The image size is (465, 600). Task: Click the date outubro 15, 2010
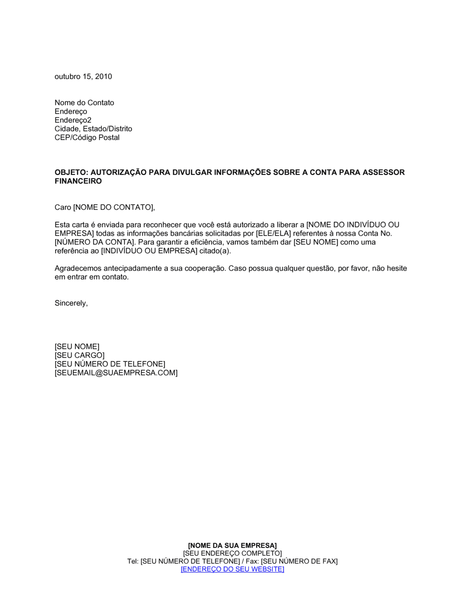tap(83, 77)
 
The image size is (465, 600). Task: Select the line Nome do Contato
tap(84, 103)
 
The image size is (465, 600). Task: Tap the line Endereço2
tap(73, 120)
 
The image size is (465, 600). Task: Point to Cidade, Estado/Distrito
tap(93, 129)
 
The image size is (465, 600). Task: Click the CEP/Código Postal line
tap(87, 138)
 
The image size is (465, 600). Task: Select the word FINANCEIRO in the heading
tap(78, 181)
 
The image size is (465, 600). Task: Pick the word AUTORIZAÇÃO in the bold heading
tap(118, 173)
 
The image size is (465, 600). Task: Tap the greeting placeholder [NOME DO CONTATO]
tap(113, 207)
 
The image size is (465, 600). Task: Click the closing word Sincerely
tap(71, 303)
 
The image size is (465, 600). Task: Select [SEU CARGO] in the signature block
tap(80, 355)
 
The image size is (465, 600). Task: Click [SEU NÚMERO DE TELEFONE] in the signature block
tap(110, 364)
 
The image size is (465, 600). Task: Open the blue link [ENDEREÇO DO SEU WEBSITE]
tap(232, 569)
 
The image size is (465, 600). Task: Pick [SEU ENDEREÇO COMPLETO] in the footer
tap(232, 553)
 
